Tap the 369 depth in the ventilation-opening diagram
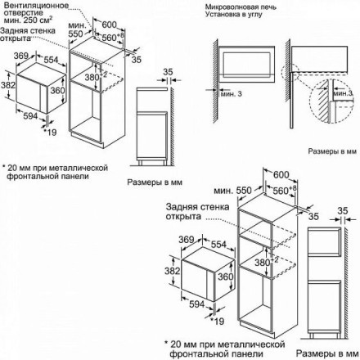coord(24,54)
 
